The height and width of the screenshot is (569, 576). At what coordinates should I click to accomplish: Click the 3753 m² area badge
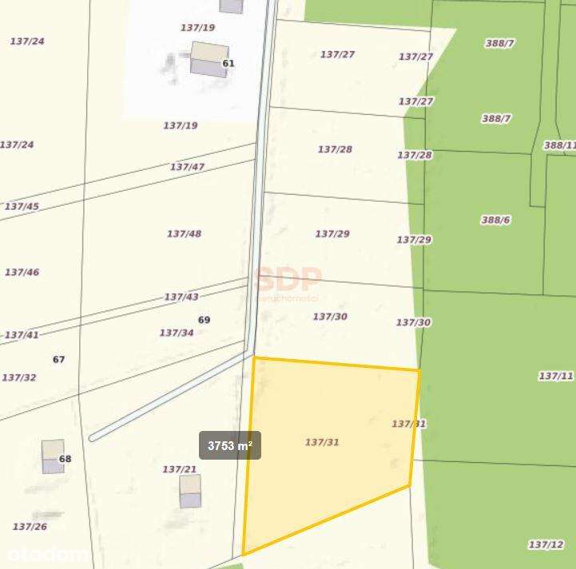[x=230, y=445]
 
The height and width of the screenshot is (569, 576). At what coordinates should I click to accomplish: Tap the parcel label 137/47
[x=187, y=167]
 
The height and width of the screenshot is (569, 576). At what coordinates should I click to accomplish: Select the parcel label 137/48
[x=184, y=234]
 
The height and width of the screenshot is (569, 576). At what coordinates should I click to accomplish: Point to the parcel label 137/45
[x=22, y=206]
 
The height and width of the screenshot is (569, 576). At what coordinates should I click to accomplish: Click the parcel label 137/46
[x=22, y=272]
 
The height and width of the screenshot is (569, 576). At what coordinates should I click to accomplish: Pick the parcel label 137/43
[x=181, y=297]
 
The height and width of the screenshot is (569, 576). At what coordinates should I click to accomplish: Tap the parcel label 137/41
[x=22, y=335]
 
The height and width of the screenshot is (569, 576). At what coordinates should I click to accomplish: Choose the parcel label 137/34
[x=177, y=333]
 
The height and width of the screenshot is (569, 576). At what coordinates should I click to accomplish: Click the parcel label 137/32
[x=19, y=377]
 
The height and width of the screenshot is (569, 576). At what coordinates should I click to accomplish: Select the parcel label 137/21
[x=180, y=469]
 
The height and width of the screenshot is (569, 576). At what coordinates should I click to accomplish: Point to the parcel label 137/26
[x=30, y=527]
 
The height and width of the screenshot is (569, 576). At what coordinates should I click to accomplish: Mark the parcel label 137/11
[x=556, y=376]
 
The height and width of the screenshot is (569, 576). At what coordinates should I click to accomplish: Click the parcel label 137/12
[x=546, y=544]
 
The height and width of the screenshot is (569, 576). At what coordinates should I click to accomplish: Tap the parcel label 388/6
[x=495, y=220]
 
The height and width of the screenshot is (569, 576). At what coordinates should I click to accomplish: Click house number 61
[x=228, y=64]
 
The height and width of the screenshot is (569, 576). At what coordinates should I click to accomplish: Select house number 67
[x=58, y=359]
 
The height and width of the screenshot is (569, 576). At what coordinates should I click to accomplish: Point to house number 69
[x=204, y=320]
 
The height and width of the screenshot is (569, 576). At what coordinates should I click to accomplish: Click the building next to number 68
[x=53, y=456]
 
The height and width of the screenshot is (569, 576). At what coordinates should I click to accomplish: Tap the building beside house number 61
[x=209, y=60]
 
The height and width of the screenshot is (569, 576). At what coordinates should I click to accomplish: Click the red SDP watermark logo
[x=288, y=279]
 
